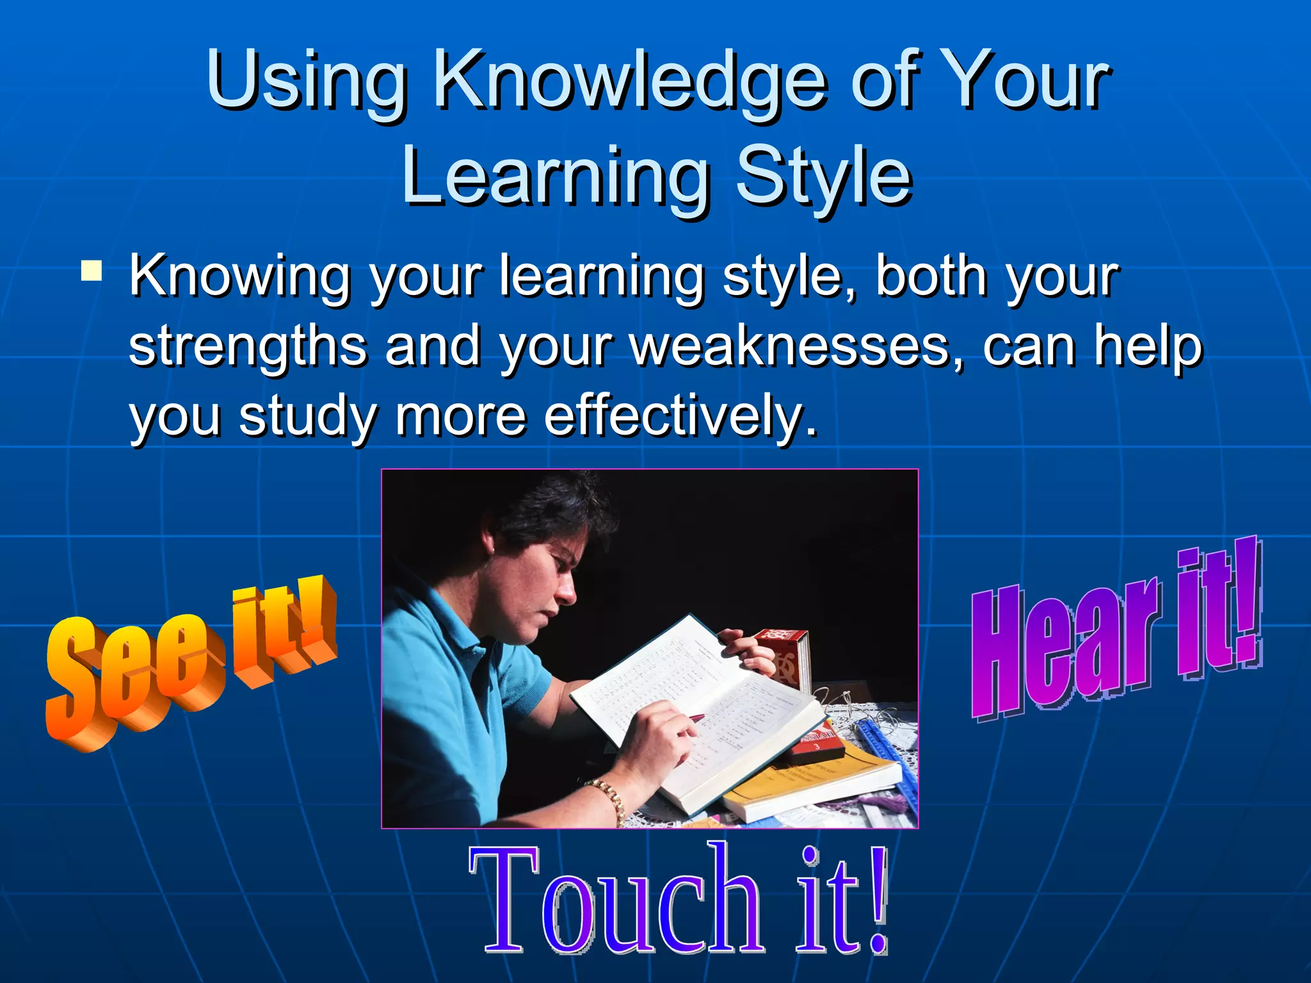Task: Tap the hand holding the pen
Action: pyautogui.click(x=659, y=736)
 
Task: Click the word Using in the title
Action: pyautogui.click(x=307, y=83)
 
